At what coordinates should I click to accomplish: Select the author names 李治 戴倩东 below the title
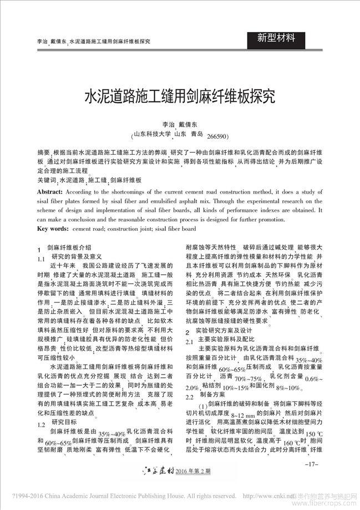point(179,125)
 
